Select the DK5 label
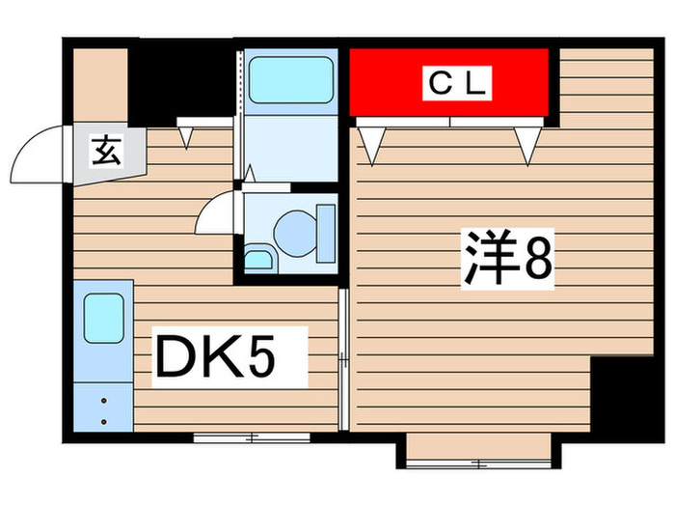click(229, 357)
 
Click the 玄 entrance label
click(105, 152)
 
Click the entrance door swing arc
click(37, 155)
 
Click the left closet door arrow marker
click(371, 144)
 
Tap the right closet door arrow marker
click(526, 144)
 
